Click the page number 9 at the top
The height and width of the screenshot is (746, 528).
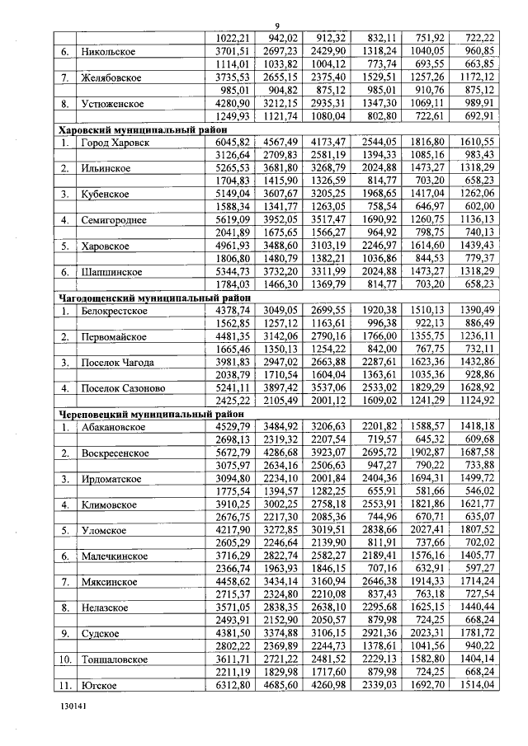[x=276, y=26]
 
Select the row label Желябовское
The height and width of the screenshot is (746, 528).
[x=112, y=77]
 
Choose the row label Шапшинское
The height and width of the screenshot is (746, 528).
[x=114, y=272]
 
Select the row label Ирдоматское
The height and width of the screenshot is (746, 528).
[x=115, y=479]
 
